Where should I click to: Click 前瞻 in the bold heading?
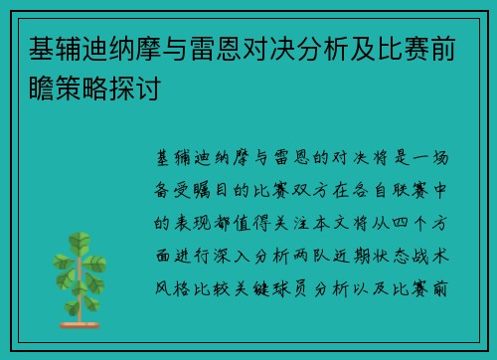point(460,48)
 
